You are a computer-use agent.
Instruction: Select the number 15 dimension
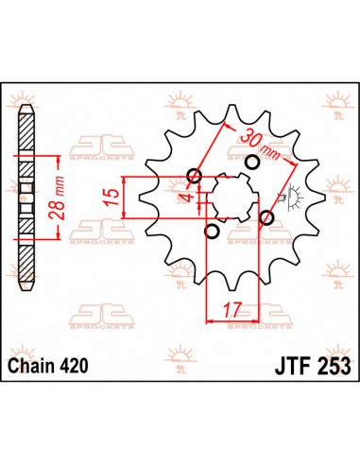111,198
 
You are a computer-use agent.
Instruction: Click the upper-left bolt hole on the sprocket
195,175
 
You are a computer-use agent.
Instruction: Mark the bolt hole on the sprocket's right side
266,218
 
